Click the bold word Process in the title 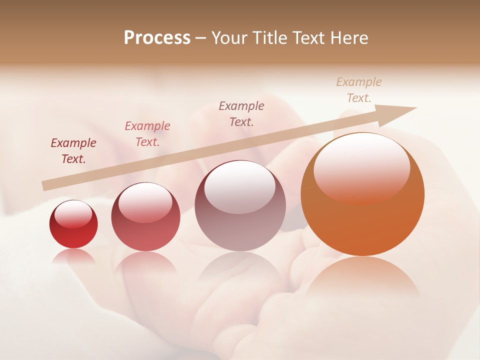[157, 38]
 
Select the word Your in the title [230, 38]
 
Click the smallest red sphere [73, 224]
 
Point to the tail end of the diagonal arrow [44, 186]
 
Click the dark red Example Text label [73, 151]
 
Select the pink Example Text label [147, 134]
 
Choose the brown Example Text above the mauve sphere [241, 114]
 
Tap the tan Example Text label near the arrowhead [359, 90]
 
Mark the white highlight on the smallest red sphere [73, 213]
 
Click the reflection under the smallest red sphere [73, 256]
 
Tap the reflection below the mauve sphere [240, 272]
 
